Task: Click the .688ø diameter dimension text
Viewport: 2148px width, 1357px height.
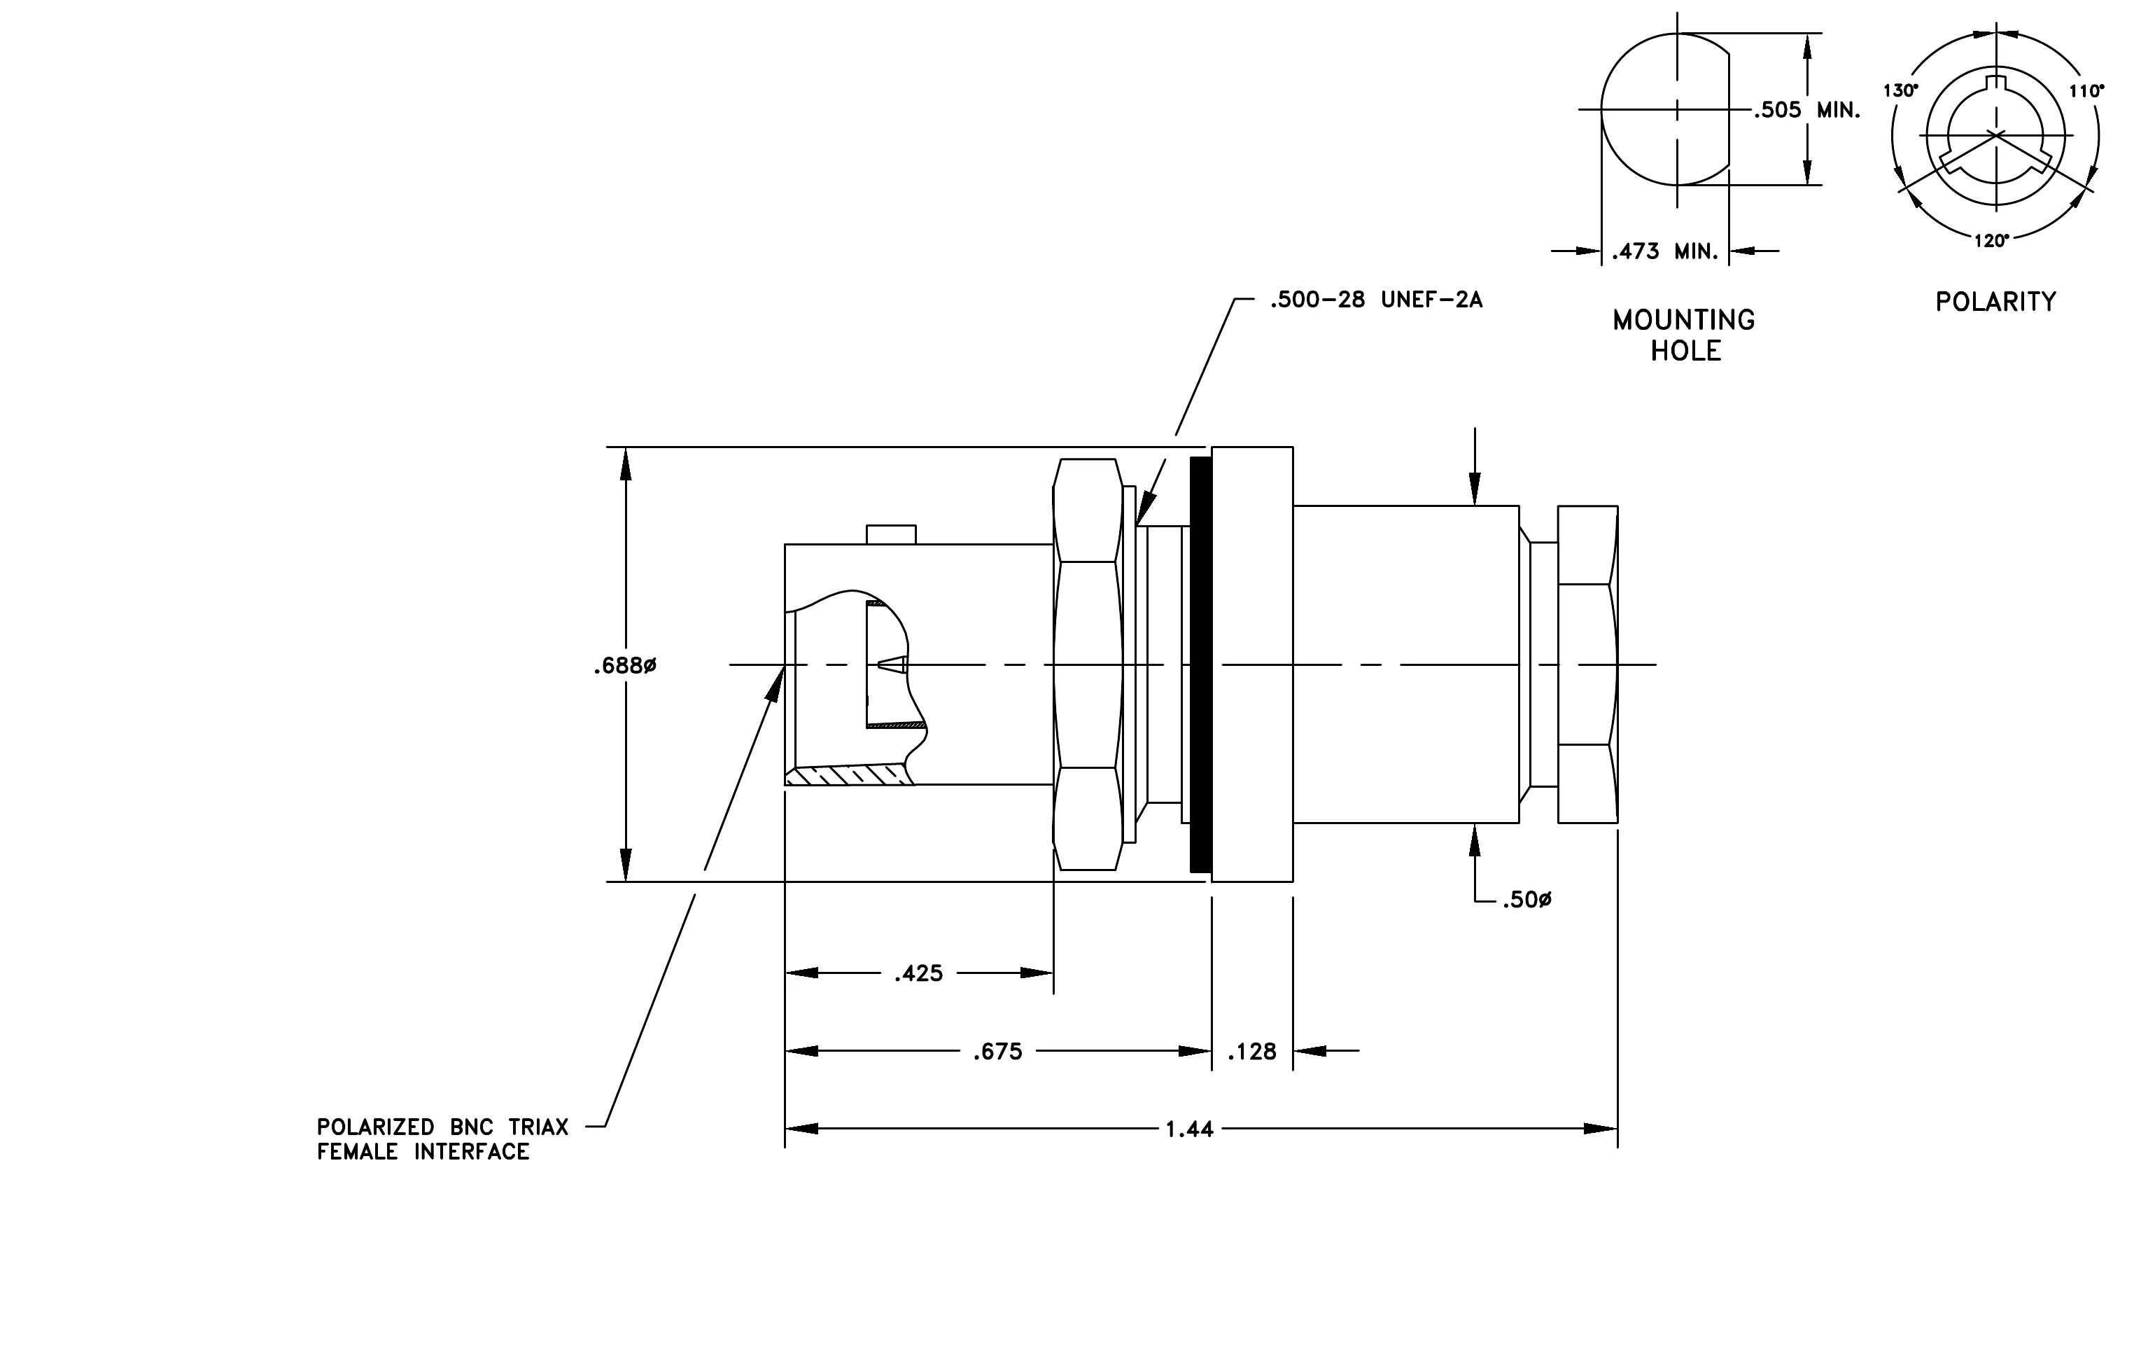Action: pos(624,667)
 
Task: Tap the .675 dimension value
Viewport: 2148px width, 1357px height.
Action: pos(997,1052)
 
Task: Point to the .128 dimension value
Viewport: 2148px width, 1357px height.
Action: pos(1251,1052)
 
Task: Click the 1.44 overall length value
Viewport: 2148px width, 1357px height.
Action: pos(1190,1129)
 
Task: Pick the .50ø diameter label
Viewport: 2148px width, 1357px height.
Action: pos(1526,900)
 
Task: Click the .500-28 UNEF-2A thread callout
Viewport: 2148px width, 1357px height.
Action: pos(1377,300)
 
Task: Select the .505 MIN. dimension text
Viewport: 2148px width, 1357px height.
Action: pos(1806,111)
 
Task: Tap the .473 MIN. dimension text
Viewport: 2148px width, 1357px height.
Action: pos(1664,251)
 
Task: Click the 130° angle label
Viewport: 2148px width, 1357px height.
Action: pos(1900,90)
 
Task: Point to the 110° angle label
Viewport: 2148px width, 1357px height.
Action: pos(2086,90)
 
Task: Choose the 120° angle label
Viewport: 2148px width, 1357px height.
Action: pos(1991,240)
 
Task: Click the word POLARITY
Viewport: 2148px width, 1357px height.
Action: pos(1995,302)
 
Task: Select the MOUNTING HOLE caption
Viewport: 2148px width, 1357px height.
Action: pos(1684,335)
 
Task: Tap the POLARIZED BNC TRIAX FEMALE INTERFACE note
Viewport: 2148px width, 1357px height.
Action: pos(442,1139)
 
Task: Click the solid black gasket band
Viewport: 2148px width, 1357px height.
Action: pos(1200,664)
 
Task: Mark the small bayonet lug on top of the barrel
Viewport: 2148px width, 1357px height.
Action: pos(891,534)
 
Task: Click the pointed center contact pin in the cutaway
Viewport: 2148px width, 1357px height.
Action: pos(893,664)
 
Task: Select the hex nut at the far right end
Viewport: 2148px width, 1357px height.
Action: pos(1588,664)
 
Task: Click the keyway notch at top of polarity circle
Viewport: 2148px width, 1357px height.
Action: pos(1995,84)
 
